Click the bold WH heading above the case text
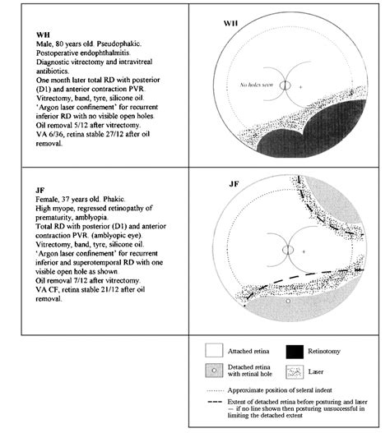click(x=43, y=35)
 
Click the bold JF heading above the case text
click(x=40, y=191)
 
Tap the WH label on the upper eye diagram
click(x=230, y=23)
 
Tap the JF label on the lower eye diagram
click(x=234, y=184)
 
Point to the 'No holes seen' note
click(x=257, y=85)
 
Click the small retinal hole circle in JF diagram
click(x=288, y=301)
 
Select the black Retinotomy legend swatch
click(x=295, y=352)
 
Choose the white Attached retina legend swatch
click(x=214, y=350)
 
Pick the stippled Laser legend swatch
click(x=295, y=372)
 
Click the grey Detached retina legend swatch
click(x=214, y=371)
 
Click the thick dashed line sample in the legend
click(x=215, y=402)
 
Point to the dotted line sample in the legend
click(x=216, y=391)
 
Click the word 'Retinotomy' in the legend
click(x=324, y=352)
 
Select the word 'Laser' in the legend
click(x=316, y=371)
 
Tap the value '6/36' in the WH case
click(x=52, y=134)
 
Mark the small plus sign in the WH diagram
click(x=300, y=87)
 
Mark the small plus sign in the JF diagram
click(x=304, y=251)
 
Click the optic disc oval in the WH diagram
click(x=285, y=85)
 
